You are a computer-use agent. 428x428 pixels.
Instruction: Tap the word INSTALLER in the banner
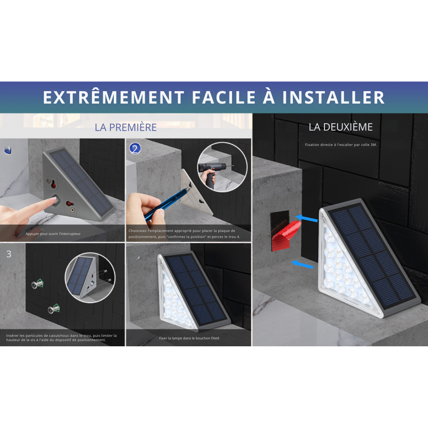(333, 98)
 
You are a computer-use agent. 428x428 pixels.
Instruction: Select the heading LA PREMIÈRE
(125, 127)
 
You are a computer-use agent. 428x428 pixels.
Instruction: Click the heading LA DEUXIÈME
(341, 127)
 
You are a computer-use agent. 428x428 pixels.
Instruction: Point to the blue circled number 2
(135, 149)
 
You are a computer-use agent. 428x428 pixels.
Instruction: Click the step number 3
(9, 254)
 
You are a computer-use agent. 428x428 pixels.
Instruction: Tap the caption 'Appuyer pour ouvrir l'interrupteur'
(53, 234)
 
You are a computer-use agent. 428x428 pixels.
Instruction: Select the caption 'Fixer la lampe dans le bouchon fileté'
(189, 338)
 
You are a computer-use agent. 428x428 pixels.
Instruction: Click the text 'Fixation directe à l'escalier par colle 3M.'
(341, 145)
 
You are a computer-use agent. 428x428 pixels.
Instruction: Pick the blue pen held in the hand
(166, 202)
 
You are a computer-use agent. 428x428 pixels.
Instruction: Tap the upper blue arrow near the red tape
(306, 218)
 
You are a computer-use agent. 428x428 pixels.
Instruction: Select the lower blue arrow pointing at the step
(302, 265)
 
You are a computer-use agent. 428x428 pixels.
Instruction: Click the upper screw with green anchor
(37, 284)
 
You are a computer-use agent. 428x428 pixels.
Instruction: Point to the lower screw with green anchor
(54, 309)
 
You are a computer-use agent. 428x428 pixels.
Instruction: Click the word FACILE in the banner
(224, 98)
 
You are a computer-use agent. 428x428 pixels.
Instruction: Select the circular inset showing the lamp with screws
(90, 278)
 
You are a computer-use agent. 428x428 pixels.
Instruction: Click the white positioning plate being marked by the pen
(195, 193)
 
